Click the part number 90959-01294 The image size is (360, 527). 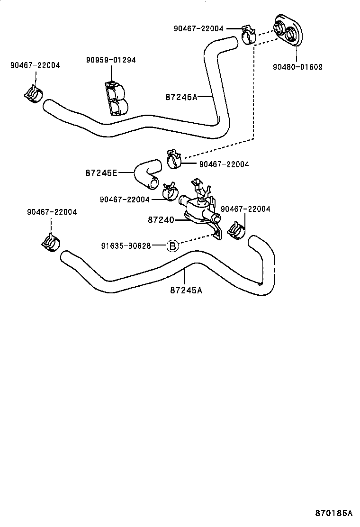pos(111,60)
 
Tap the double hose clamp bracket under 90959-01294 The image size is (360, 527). pos(115,98)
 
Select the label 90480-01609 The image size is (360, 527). pos(297,67)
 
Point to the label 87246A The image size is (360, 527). pos(181,97)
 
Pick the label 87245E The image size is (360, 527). pos(101,173)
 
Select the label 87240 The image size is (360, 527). pos(161,220)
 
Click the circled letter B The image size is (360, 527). pos(172,245)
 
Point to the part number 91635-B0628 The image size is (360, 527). pos(126,245)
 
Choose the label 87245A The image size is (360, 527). pos(186,290)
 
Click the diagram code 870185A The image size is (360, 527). pos(334,513)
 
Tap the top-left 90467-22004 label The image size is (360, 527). pos(35,65)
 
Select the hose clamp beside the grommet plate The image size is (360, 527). pos(248,34)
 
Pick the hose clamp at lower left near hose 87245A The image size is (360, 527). pos(50,242)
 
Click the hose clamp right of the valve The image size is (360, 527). pos(236,230)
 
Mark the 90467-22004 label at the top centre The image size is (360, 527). pos(198,28)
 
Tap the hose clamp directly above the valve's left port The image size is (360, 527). pos(169,191)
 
